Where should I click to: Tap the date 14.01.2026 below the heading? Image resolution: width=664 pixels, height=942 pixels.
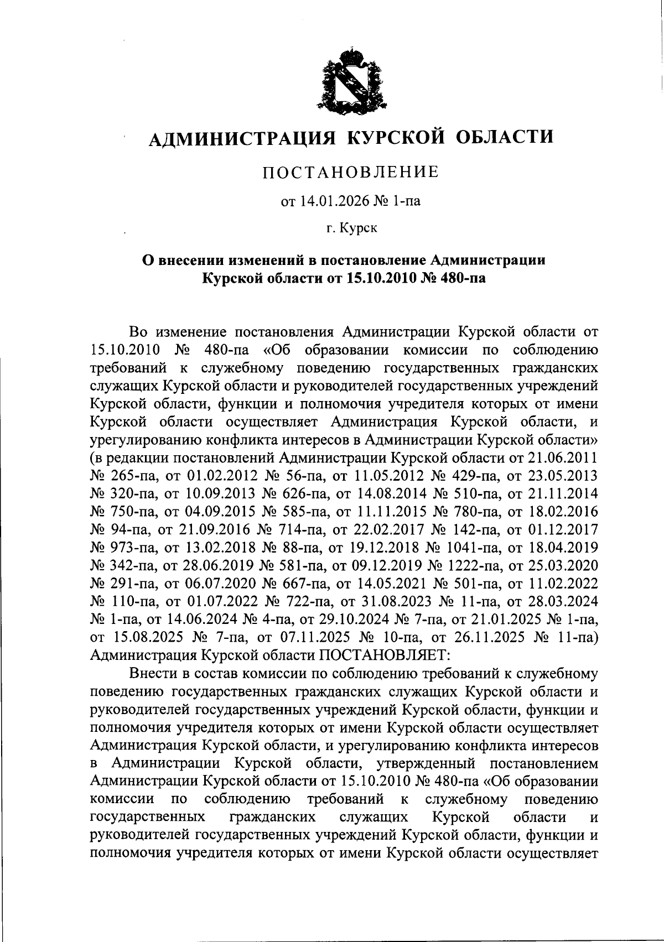(330, 201)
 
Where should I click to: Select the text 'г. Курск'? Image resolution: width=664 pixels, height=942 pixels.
(351, 228)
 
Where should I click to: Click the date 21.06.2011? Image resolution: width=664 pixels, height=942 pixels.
(564, 457)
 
